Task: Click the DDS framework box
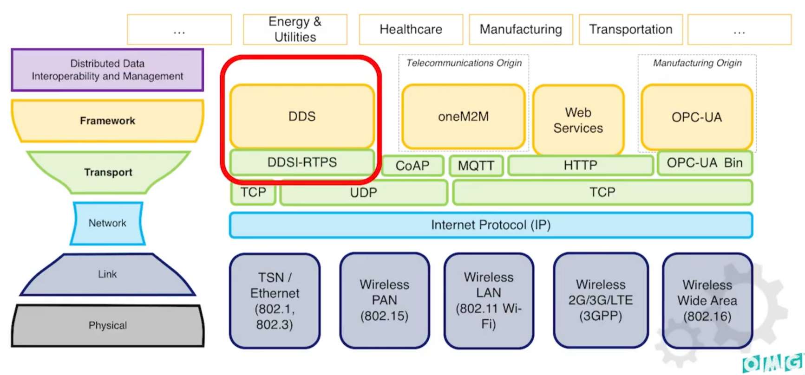coord(302,116)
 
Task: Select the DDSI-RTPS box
coord(302,162)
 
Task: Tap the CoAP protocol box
coord(412,166)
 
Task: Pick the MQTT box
coord(476,166)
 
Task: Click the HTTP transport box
coord(580,165)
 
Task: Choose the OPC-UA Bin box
coord(705,163)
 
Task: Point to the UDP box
coord(363,193)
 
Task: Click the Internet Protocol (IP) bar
coord(491,225)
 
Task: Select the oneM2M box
coord(463,116)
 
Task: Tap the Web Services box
coord(578,120)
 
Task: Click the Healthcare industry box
coord(411,29)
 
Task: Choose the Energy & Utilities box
coord(295,29)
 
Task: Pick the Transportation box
coord(630,29)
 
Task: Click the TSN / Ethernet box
coord(275,301)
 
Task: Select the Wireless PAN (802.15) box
coord(384,300)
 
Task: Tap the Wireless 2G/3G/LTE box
coord(600,300)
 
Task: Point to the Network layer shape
coord(107,223)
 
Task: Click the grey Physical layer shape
coord(107,325)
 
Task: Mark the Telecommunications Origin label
coord(464,63)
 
